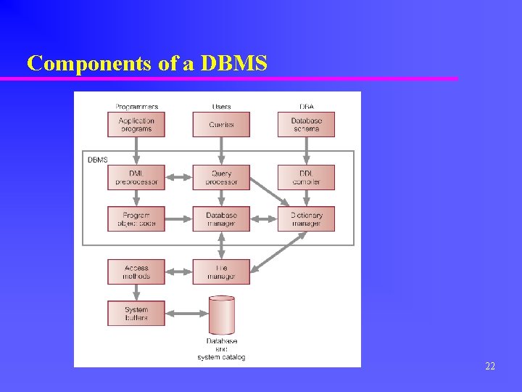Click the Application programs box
pyautogui.click(x=136, y=124)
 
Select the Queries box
pyautogui.click(x=221, y=124)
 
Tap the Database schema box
pyautogui.click(x=306, y=124)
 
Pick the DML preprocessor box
pyautogui.click(x=136, y=177)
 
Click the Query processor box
pyautogui.click(x=221, y=177)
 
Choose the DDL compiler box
pyautogui.click(x=306, y=177)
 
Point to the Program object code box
pyautogui.click(x=136, y=219)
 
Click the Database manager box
pyautogui.click(x=221, y=219)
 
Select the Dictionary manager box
pyautogui.click(x=306, y=219)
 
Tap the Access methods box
pyautogui.click(x=136, y=271)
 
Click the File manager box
pyautogui.click(x=221, y=271)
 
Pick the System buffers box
pyautogui.click(x=136, y=313)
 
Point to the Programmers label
pyautogui.click(x=136, y=107)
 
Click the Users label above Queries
pyautogui.click(x=221, y=107)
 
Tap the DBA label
pyautogui.click(x=306, y=107)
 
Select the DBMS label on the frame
pyautogui.click(x=97, y=160)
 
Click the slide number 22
pyautogui.click(x=490, y=367)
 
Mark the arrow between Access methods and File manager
pyautogui.click(x=178, y=272)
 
